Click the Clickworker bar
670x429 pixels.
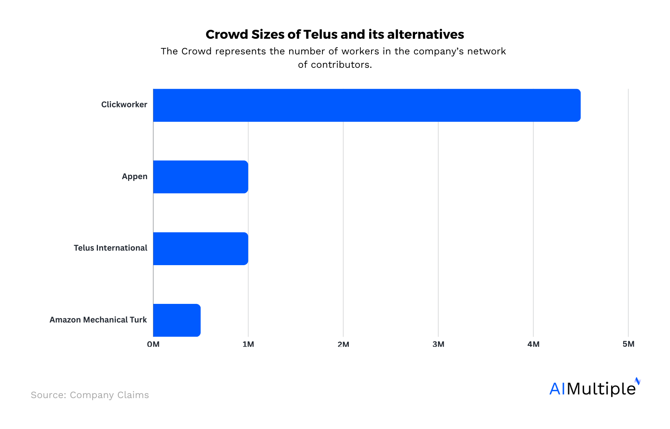click(367, 105)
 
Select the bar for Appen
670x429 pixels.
click(201, 177)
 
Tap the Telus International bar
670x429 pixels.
click(201, 249)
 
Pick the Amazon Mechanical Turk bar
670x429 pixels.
click(177, 320)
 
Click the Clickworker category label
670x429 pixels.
click(124, 105)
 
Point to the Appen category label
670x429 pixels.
click(134, 177)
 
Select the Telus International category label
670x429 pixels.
click(110, 248)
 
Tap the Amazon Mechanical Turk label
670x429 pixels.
click(98, 320)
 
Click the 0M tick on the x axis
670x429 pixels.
click(153, 344)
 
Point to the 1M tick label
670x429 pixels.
click(248, 344)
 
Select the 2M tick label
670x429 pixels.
click(343, 344)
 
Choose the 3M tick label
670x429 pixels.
click(438, 344)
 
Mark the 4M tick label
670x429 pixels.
click(533, 344)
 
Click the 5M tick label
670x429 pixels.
click(628, 344)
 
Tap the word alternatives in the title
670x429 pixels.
click(425, 34)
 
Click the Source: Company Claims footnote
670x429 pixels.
click(90, 395)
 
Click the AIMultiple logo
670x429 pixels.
click(594, 388)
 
